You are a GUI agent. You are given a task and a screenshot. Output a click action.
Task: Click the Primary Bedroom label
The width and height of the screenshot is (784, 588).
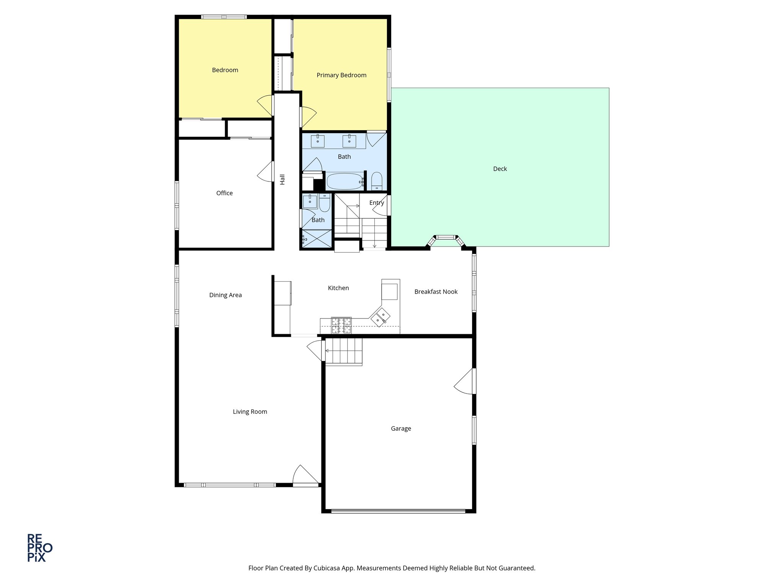pyautogui.click(x=341, y=75)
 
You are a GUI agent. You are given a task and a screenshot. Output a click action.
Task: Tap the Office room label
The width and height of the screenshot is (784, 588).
pyautogui.click(x=224, y=193)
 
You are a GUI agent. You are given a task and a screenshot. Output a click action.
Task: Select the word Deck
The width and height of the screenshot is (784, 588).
pyautogui.click(x=500, y=169)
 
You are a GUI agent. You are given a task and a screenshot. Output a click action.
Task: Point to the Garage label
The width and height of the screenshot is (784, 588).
pyautogui.click(x=401, y=429)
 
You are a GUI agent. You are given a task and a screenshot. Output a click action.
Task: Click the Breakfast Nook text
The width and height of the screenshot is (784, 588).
pyautogui.click(x=436, y=292)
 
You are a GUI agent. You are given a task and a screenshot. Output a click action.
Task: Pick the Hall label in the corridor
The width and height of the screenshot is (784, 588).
pyautogui.click(x=283, y=179)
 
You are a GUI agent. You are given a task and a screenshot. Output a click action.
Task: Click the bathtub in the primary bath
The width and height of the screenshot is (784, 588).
pyautogui.click(x=345, y=181)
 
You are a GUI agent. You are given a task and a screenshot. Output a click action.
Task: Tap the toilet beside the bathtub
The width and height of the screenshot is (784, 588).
pyautogui.click(x=377, y=181)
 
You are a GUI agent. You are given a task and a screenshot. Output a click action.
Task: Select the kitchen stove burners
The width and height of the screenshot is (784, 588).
pyautogui.click(x=341, y=325)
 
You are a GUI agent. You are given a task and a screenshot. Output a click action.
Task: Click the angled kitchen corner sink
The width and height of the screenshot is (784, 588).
pyautogui.click(x=380, y=317)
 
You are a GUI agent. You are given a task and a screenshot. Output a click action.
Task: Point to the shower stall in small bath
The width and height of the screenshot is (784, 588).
pyautogui.click(x=317, y=238)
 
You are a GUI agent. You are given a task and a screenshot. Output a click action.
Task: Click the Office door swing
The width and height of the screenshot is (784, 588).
pyautogui.click(x=266, y=171)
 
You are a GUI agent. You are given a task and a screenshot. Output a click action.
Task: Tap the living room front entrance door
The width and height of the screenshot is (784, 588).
pyautogui.click(x=305, y=476)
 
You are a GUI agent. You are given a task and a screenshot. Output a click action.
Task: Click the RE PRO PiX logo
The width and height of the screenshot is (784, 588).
pyautogui.click(x=39, y=548)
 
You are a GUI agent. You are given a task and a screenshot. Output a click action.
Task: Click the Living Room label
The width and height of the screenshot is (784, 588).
pyautogui.click(x=250, y=412)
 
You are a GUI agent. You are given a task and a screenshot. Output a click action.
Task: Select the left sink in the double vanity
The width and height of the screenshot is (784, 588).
pyautogui.click(x=317, y=141)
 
